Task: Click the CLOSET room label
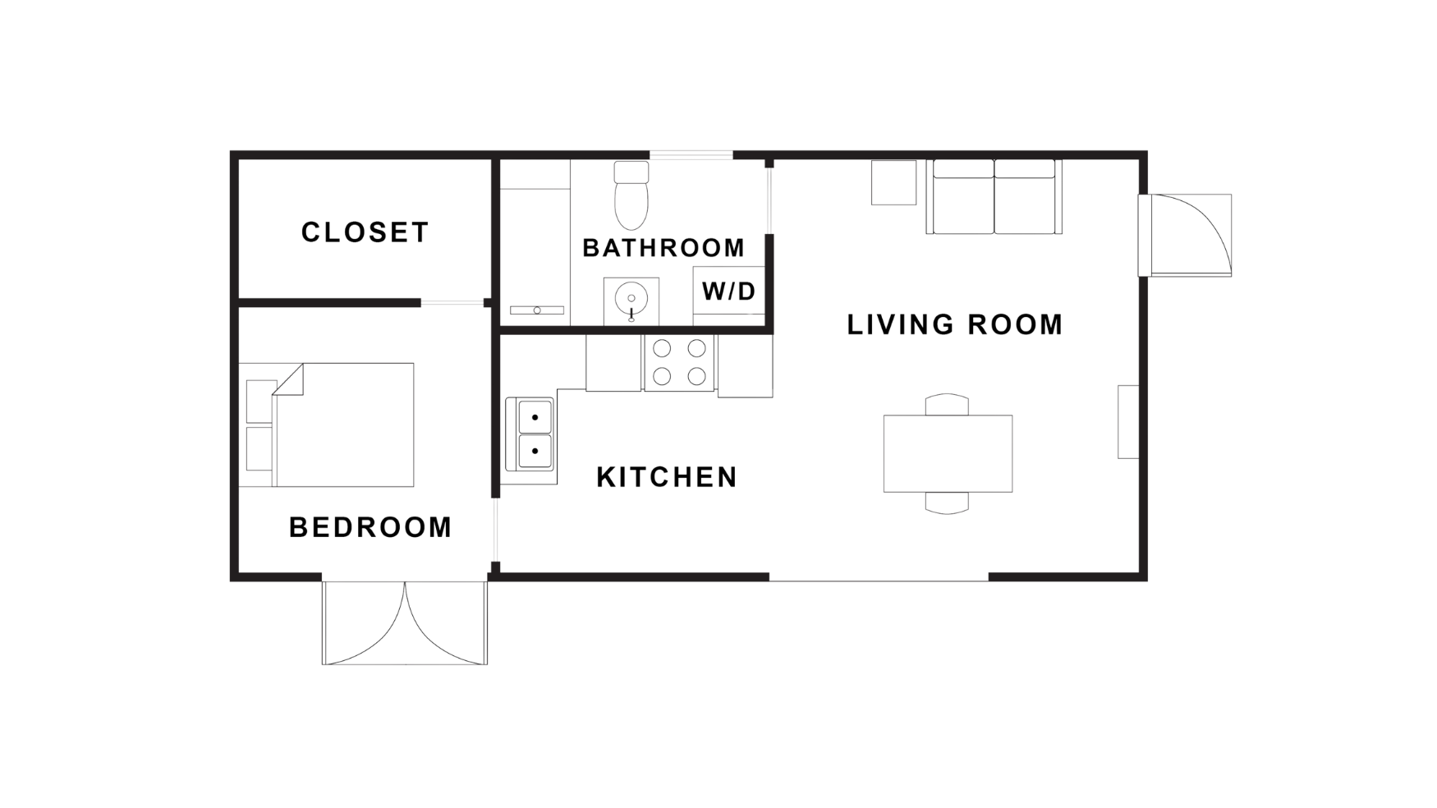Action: pyautogui.click(x=365, y=232)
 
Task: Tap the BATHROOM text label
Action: pyautogui.click(x=663, y=247)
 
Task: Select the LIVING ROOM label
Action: pyautogui.click(x=954, y=325)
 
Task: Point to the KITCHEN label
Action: pyautogui.click(x=666, y=477)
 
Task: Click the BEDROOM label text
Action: pyautogui.click(x=370, y=526)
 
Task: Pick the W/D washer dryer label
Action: pyautogui.click(x=728, y=292)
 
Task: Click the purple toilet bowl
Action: pyautogui.click(x=631, y=205)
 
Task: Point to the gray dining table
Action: pyautogui.click(x=948, y=453)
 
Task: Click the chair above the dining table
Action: pyautogui.click(x=947, y=405)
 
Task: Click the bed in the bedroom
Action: pyautogui.click(x=345, y=425)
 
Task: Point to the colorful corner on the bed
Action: pyautogui.click(x=291, y=383)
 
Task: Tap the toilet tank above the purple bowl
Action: pyautogui.click(x=631, y=172)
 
